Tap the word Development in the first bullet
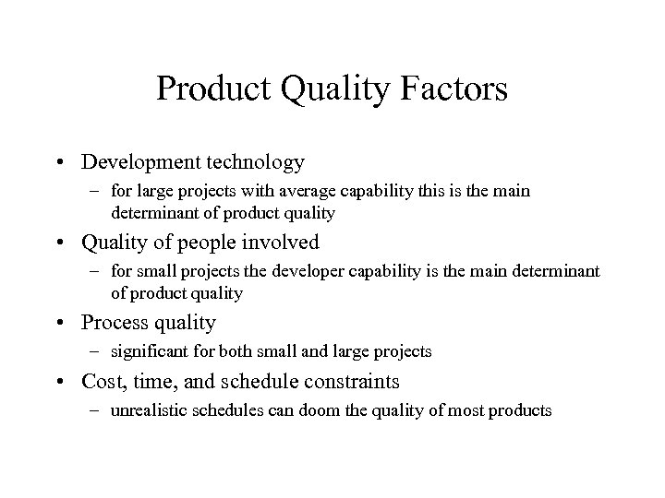(138, 162)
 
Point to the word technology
(252, 162)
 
